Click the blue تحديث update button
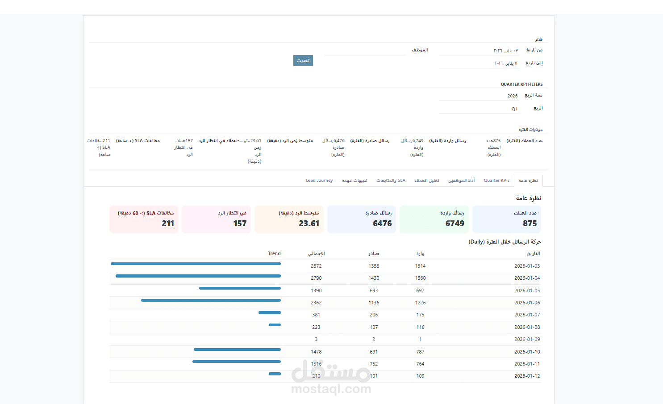(x=303, y=61)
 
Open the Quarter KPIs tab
(x=496, y=181)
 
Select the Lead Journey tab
(x=319, y=181)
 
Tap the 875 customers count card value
(x=530, y=223)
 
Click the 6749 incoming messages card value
(x=455, y=223)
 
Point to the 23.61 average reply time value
(x=309, y=223)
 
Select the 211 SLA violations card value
(x=168, y=223)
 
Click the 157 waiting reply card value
(x=240, y=223)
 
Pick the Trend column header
(x=274, y=253)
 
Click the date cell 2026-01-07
(x=527, y=315)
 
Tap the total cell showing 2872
(x=316, y=266)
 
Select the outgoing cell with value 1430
(x=374, y=278)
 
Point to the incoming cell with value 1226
(x=420, y=303)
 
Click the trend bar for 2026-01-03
(x=196, y=264)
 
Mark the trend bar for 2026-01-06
(x=211, y=300)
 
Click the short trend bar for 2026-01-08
(x=275, y=325)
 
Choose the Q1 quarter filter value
(x=514, y=109)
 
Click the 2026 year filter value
(x=513, y=96)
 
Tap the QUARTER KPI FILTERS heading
(x=521, y=84)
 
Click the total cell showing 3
(x=316, y=339)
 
